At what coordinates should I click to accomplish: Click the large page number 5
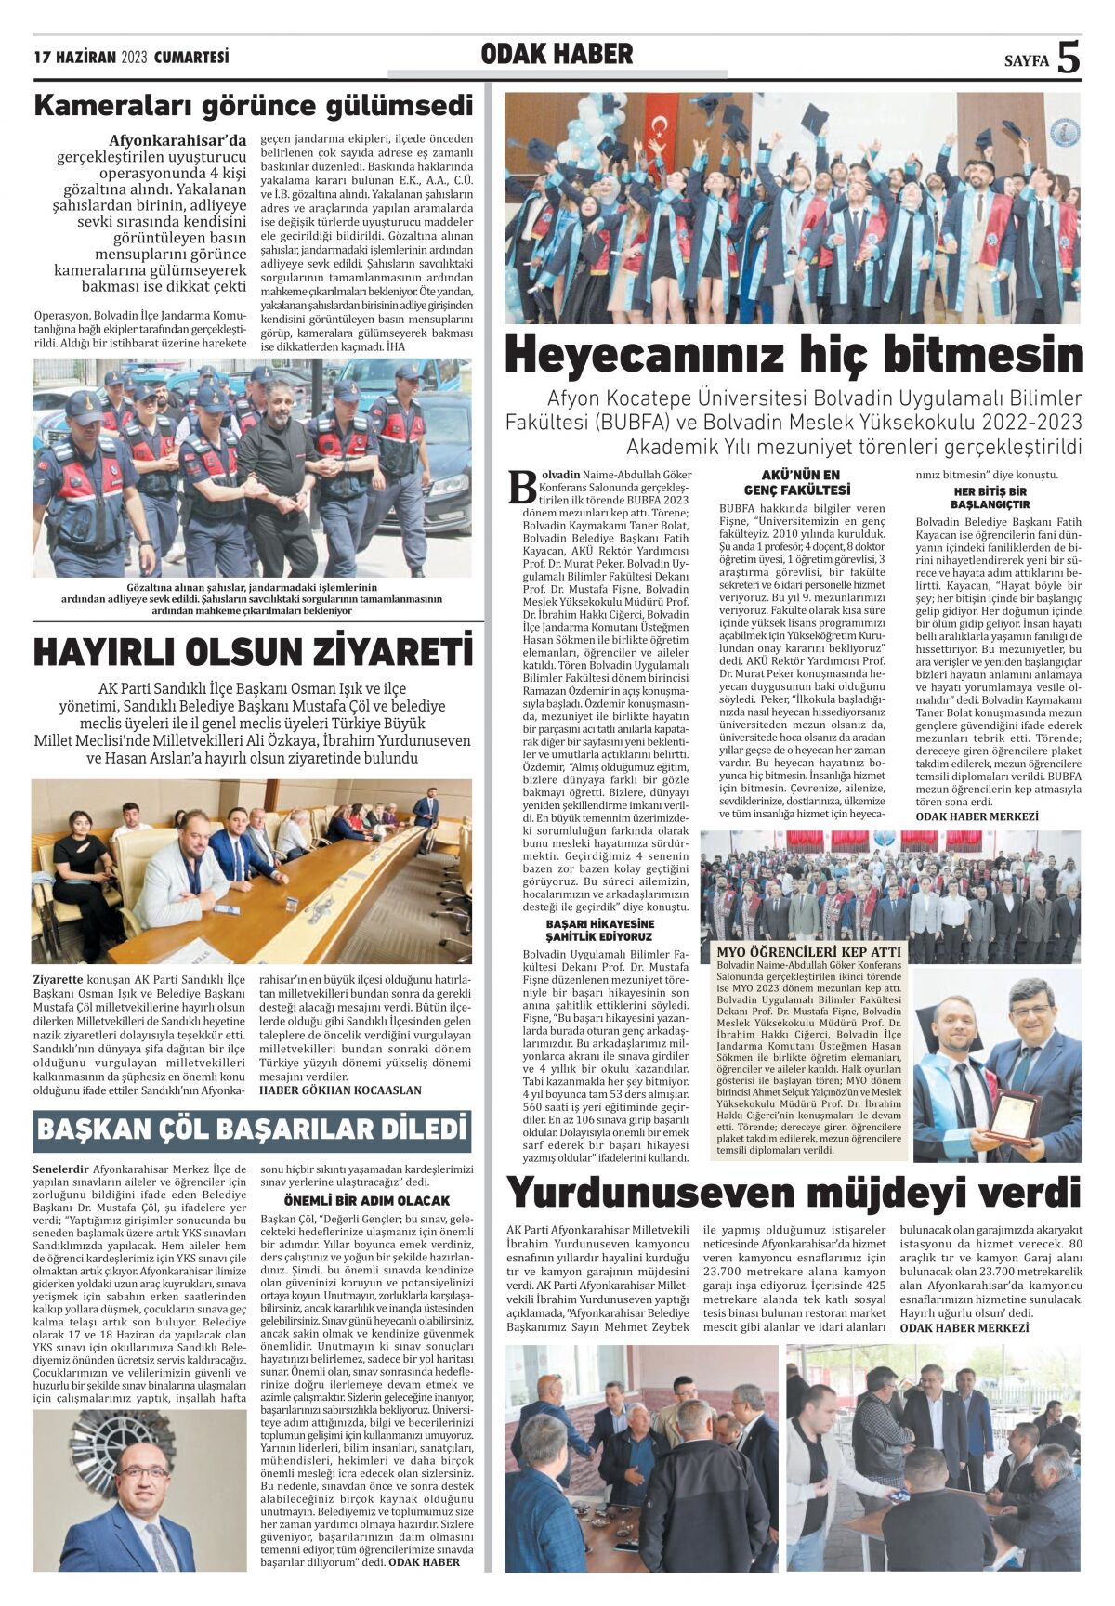(1069, 58)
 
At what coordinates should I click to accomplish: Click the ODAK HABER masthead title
(557, 55)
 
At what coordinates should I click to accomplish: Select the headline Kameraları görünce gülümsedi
(253, 106)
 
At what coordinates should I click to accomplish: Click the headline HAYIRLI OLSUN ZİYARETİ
(253, 651)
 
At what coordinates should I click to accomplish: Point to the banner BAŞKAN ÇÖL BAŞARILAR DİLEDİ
(252, 1129)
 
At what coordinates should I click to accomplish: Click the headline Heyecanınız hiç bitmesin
(794, 355)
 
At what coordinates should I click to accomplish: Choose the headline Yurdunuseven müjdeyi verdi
(794, 1193)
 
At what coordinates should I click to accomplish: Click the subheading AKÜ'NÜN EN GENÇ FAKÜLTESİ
(797, 482)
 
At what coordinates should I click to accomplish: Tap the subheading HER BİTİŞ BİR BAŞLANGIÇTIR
(990, 498)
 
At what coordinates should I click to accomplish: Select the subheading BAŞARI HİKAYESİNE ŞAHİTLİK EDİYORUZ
(599, 930)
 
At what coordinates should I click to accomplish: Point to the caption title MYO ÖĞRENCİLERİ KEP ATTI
(808, 952)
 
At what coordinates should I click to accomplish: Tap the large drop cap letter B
(522, 488)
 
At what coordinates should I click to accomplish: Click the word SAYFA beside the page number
(1026, 61)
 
